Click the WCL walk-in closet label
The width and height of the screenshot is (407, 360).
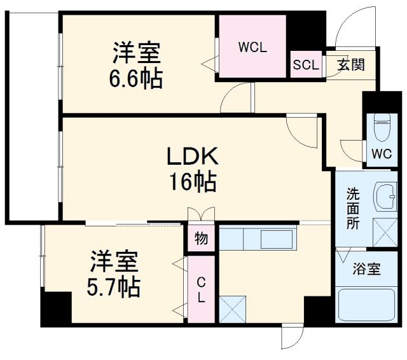click(252, 47)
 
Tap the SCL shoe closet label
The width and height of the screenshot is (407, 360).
click(305, 66)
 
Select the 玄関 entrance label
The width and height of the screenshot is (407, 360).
click(350, 65)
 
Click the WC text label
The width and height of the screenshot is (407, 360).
click(382, 153)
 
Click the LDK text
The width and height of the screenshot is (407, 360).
click(192, 156)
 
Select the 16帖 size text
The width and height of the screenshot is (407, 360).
click(192, 183)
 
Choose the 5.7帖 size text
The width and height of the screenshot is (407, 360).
click(114, 287)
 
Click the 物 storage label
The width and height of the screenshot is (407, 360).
click(202, 240)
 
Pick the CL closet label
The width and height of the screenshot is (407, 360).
click(201, 289)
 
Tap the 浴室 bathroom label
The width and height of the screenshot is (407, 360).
click(366, 268)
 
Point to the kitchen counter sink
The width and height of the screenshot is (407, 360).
click(275, 240)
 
